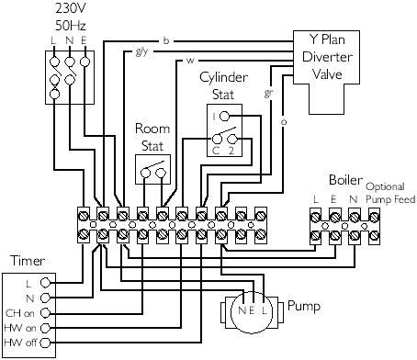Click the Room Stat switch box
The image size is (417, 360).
point(152,168)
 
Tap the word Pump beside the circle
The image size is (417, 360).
point(304,304)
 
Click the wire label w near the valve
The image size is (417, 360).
point(188,61)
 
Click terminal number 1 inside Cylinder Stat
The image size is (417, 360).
point(213,118)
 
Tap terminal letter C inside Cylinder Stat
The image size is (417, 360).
point(214,147)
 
